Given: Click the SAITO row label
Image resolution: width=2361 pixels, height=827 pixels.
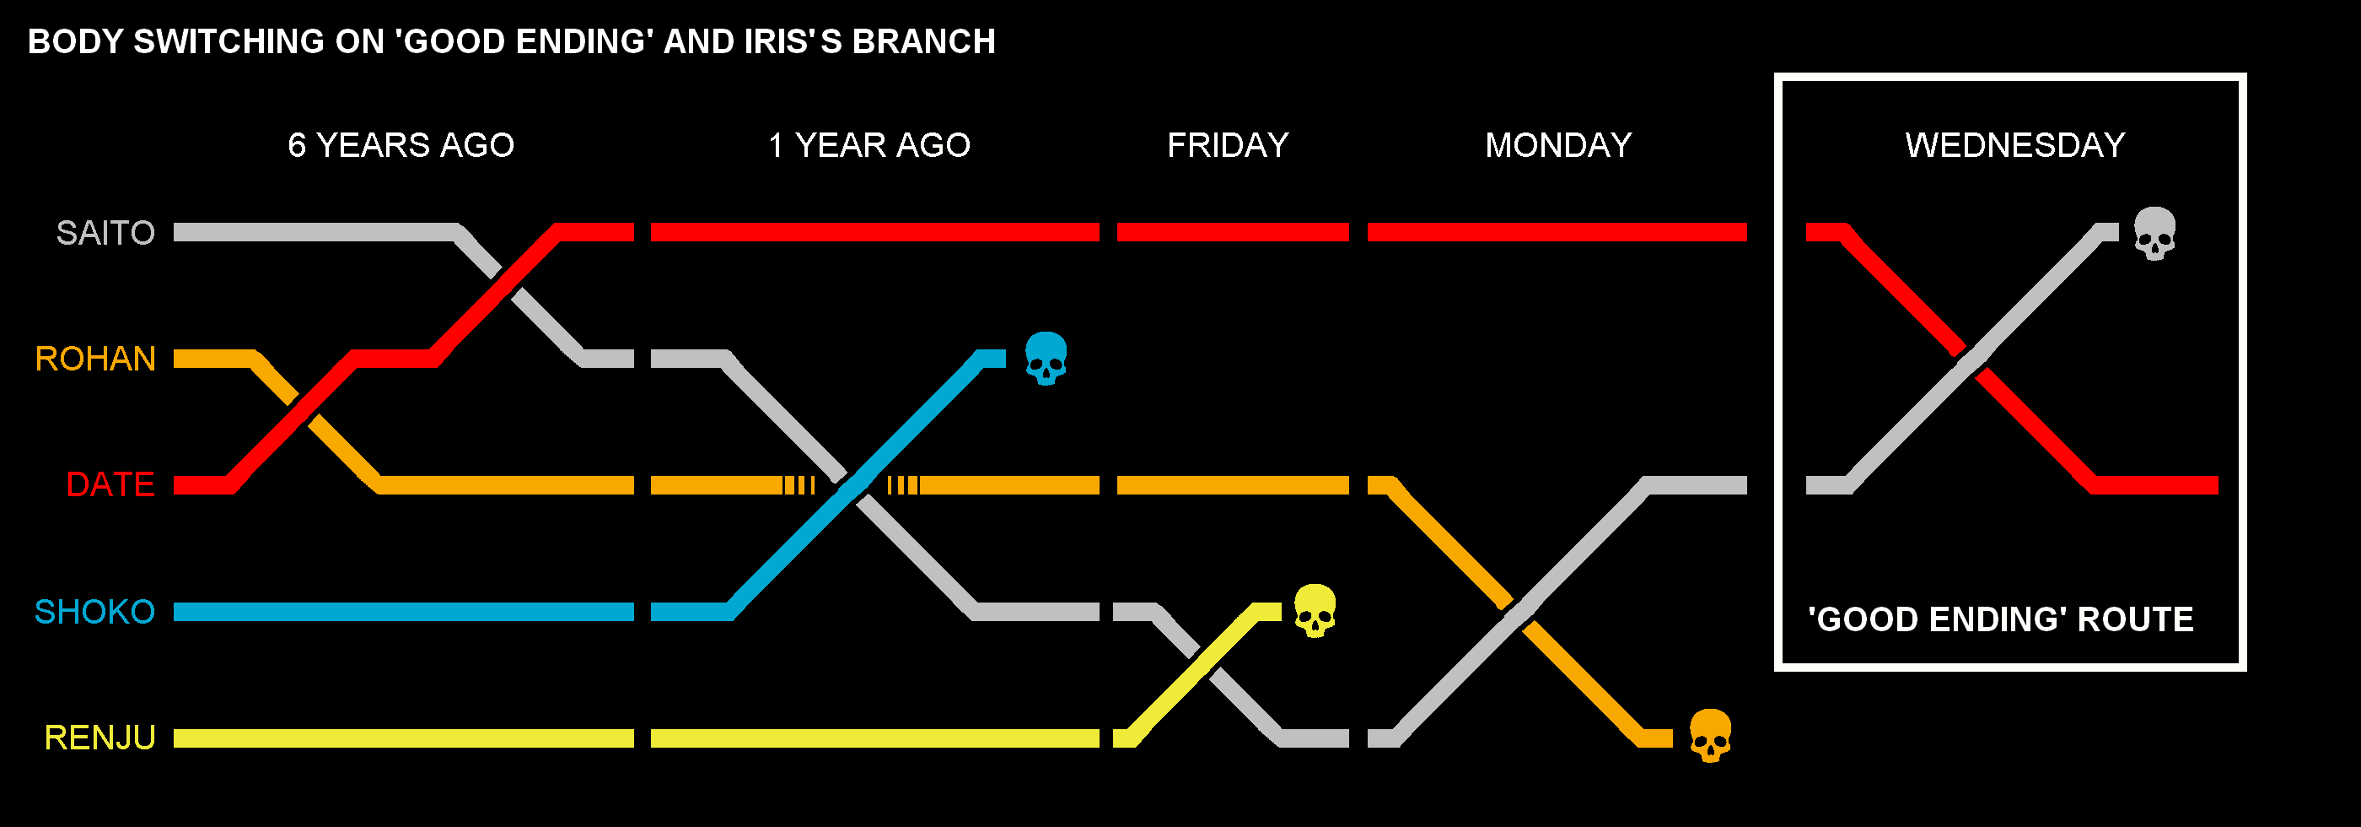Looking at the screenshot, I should tap(105, 233).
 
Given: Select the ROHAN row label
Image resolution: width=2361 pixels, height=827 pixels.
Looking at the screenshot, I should tap(95, 359).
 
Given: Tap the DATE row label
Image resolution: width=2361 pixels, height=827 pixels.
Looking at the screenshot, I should tap(110, 484).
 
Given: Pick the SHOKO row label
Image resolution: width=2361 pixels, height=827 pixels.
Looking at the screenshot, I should tap(94, 612).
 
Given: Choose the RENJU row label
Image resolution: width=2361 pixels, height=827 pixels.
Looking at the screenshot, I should tap(99, 738).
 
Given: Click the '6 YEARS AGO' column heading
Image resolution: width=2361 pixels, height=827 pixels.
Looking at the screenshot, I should tap(401, 145).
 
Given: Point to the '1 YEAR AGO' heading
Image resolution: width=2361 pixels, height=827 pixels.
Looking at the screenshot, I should tap(869, 145).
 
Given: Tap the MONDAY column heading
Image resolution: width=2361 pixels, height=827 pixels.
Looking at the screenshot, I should tap(1558, 145).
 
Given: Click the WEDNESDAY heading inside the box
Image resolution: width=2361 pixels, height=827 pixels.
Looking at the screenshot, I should tap(2014, 145).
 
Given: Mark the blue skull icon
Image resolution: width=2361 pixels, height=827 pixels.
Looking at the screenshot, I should tap(1046, 358).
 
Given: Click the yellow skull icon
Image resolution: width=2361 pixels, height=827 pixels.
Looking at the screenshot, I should tap(1315, 611).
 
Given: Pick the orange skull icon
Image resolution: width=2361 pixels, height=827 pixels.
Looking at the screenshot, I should tap(1710, 735).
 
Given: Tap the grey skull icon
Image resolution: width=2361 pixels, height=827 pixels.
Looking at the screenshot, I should tap(2154, 233).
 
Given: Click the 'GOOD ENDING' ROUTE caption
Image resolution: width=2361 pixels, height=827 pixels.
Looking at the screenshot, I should tap(2000, 619).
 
